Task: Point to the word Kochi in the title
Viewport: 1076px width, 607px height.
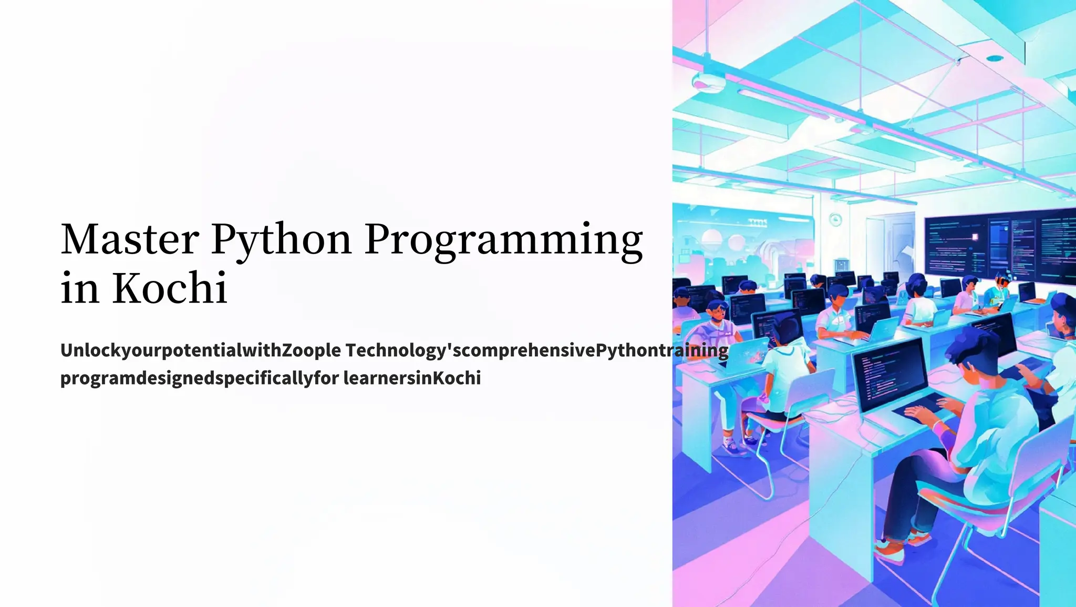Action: pos(170,288)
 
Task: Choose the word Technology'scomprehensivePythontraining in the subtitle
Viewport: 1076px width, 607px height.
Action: pos(536,350)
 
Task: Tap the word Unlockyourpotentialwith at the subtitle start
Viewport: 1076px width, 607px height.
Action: pos(171,350)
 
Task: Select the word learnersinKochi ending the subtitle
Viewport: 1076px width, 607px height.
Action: pos(412,378)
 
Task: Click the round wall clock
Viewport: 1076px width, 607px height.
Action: pos(835,219)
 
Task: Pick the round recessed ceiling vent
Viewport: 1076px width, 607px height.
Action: pos(994,58)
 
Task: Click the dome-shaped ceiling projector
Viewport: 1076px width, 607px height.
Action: pos(704,81)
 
